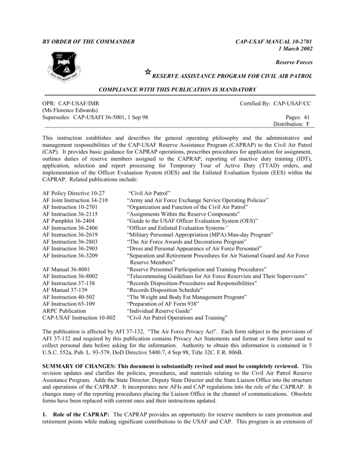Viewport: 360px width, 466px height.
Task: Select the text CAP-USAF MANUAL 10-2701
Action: pyautogui.click(x=274, y=42)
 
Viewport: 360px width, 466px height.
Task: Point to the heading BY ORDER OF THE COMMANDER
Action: pyautogui.click(x=88, y=42)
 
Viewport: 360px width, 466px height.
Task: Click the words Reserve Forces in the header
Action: pyautogui.click(x=294, y=62)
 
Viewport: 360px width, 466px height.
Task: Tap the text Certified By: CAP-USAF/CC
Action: pyautogui.click(x=275, y=104)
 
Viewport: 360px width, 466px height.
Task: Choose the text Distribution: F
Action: pyautogui.click(x=291, y=124)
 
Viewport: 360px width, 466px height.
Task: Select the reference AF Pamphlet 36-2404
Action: pyautogui.click(x=70, y=221)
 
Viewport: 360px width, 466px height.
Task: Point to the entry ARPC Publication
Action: pyautogui.click(x=64, y=310)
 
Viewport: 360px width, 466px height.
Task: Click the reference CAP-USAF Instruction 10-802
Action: pyautogui.click(x=79, y=317)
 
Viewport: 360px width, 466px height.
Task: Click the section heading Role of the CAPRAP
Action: pyautogui.click(x=81, y=415)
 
